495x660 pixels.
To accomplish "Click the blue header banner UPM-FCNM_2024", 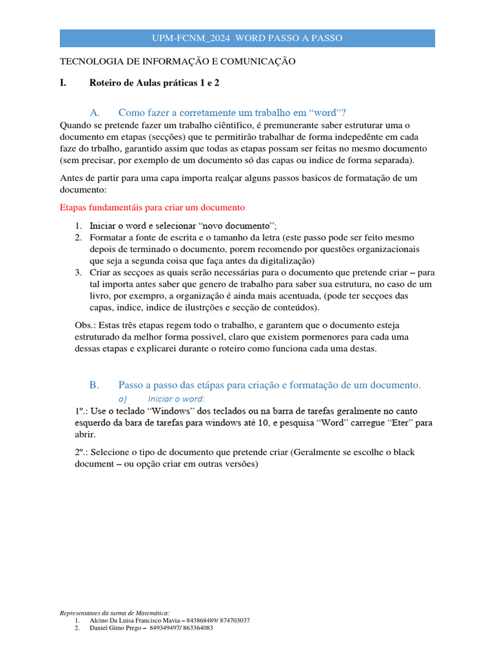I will (247, 38).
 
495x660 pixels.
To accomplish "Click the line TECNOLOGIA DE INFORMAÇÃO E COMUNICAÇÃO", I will (177, 61).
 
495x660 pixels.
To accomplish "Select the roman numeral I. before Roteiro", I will (63, 83).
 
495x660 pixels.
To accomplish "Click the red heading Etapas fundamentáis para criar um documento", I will (152, 208).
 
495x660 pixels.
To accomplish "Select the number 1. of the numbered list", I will (77, 226).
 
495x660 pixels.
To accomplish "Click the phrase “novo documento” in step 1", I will (237, 226).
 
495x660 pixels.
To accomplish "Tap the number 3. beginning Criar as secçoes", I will (77, 273).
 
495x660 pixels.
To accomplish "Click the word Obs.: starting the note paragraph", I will (86, 325).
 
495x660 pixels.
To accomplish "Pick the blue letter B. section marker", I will (94, 385).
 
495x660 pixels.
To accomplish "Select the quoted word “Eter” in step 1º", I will (400, 423).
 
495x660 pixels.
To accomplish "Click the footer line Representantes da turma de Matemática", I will (115, 612).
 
